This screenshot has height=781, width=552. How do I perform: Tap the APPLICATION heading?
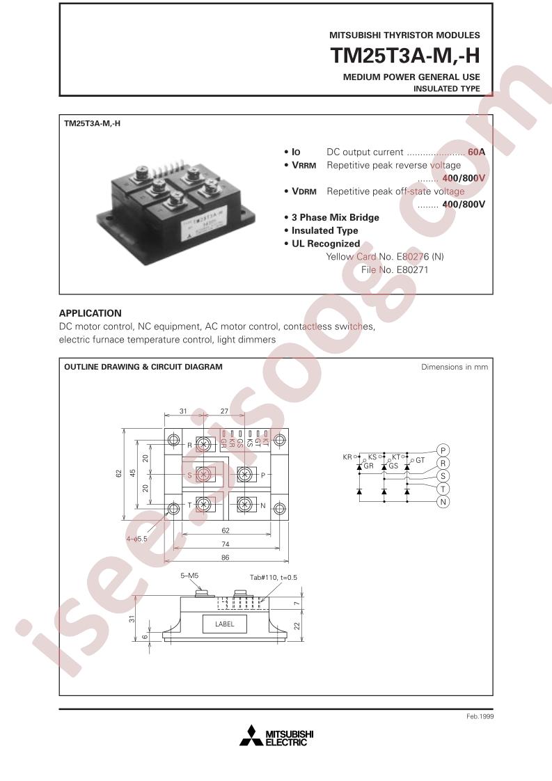90,313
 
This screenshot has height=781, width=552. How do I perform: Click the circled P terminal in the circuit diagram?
443,449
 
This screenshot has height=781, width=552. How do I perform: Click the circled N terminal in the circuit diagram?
443,502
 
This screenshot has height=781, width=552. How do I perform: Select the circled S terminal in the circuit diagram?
443,475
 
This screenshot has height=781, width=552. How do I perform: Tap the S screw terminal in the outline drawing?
203,475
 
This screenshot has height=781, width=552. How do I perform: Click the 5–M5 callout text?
189,576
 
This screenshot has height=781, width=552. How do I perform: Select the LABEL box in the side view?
226,624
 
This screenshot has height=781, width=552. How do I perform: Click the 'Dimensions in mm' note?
455,367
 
